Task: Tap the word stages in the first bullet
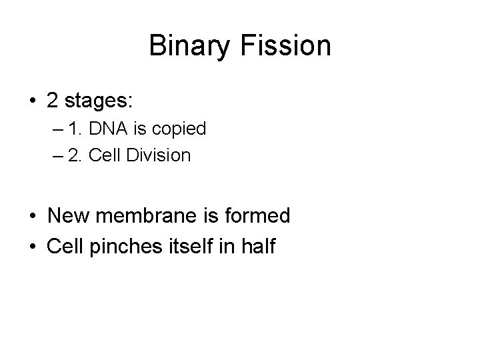(x=97, y=102)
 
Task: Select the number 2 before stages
(x=53, y=102)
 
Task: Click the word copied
(x=183, y=129)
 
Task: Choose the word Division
(x=161, y=156)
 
